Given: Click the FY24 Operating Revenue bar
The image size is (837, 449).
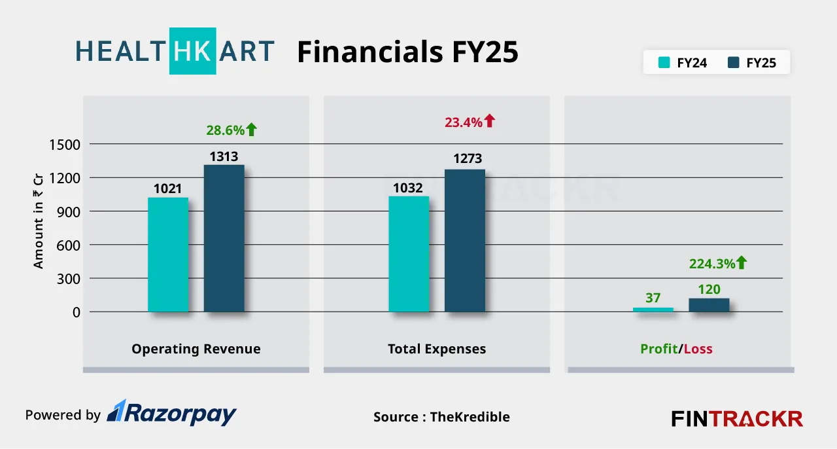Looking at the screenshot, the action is tap(168, 255).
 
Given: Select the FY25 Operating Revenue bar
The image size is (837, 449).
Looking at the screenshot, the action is tap(224, 238).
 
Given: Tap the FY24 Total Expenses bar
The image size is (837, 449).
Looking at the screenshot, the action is tap(409, 254).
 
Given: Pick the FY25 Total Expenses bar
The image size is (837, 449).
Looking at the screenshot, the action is tap(465, 241).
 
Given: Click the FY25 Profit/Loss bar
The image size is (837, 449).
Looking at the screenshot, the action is tap(709, 305).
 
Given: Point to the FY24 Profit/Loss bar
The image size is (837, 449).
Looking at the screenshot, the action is tap(653, 310).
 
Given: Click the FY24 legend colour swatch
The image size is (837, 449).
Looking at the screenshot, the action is tap(664, 62).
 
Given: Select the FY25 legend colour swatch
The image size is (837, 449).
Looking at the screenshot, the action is tap(734, 62).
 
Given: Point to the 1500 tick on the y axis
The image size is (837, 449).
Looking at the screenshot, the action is tap(65, 145).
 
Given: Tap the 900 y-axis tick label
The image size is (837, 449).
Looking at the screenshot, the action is tap(69, 212).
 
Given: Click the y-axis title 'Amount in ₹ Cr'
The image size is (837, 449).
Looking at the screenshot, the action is tap(38, 221).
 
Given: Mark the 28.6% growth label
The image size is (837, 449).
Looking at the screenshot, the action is tap(226, 130).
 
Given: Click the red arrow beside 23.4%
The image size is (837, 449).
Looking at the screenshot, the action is tap(490, 121).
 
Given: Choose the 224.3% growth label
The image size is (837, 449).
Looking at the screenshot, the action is tap(712, 264).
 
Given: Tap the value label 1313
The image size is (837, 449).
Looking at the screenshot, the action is tap(224, 156).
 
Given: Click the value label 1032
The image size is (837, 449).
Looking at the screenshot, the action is tap(407, 188).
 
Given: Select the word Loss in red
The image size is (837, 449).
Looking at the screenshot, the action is tap(698, 349).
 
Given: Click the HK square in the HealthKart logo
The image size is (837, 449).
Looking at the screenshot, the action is tap(192, 51).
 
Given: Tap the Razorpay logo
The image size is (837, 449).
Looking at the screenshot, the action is tap(171, 413).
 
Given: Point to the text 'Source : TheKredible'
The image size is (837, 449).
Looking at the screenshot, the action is tap(441, 417).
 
